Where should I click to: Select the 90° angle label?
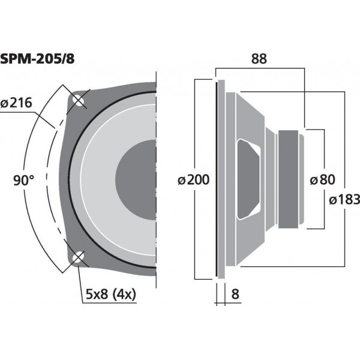(23, 179)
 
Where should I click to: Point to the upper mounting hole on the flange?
(78, 101)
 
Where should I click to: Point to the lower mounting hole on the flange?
(77, 259)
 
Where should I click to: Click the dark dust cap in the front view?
(137, 179)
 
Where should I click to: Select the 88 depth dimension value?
(259, 59)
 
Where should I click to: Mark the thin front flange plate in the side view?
(217, 179)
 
